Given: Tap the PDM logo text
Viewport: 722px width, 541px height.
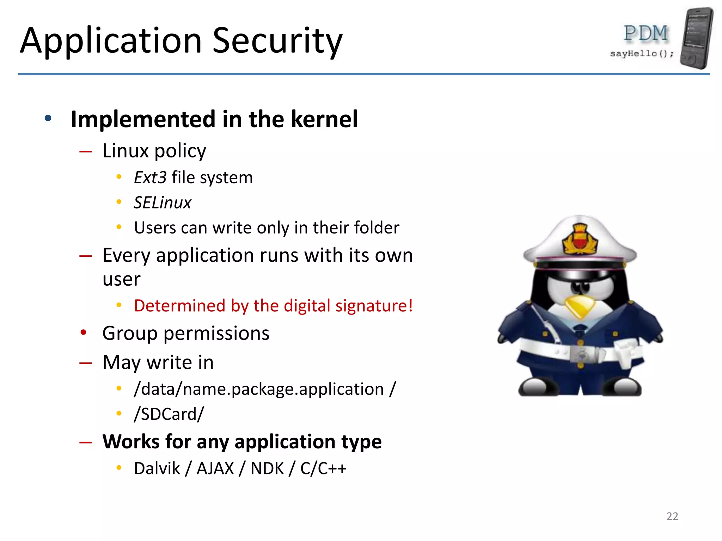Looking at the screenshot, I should [645, 33].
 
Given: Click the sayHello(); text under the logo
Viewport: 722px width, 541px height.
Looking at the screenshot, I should [642, 54].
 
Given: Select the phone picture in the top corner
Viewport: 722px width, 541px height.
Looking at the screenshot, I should [697, 38].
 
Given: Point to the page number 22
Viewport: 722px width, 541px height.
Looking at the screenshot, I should [672, 516].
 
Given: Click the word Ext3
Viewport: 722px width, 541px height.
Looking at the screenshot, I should [150, 178].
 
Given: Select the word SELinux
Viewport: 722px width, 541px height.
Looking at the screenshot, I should [162, 203].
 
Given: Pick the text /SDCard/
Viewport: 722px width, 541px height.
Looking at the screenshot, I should [169, 414].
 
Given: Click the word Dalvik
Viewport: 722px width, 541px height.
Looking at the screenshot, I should [157, 468].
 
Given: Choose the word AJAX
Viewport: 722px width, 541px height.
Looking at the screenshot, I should [215, 468].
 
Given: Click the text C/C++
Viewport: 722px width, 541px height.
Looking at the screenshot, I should [323, 468].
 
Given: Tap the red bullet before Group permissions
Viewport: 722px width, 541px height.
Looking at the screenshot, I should [83, 332].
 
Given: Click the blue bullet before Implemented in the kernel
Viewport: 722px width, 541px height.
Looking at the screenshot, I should [48, 118].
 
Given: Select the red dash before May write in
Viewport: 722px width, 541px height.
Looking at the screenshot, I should [85, 363].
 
